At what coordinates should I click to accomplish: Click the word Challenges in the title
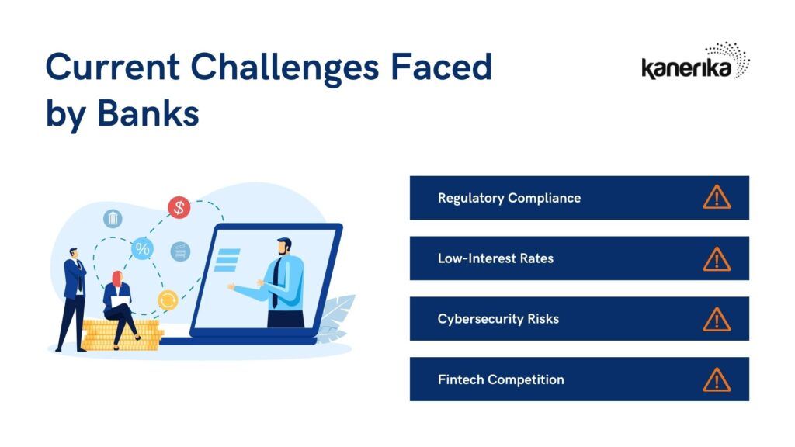(x=284, y=68)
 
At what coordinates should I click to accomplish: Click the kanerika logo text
(x=686, y=68)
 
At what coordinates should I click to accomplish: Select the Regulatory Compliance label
(x=509, y=198)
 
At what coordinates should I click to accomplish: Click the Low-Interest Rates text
(x=495, y=258)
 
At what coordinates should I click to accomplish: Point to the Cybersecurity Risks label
(x=498, y=319)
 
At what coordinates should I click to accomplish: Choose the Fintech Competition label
(x=501, y=379)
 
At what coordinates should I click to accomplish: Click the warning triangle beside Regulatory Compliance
(x=717, y=197)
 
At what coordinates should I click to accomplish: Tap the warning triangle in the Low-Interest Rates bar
(x=717, y=259)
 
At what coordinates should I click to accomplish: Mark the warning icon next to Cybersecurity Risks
(x=717, y=319)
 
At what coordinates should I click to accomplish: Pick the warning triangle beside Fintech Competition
(x=717, y=380)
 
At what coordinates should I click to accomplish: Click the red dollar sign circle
(x=179, y=207)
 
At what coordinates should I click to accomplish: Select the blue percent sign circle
(x=143, y=249)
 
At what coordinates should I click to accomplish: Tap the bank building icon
(x=113, y=218)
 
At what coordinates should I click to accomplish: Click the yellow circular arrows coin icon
(x=168, y=300)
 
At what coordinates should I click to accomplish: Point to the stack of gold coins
(x=122, y=335)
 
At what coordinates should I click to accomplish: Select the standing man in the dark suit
(x=74, y=300)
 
